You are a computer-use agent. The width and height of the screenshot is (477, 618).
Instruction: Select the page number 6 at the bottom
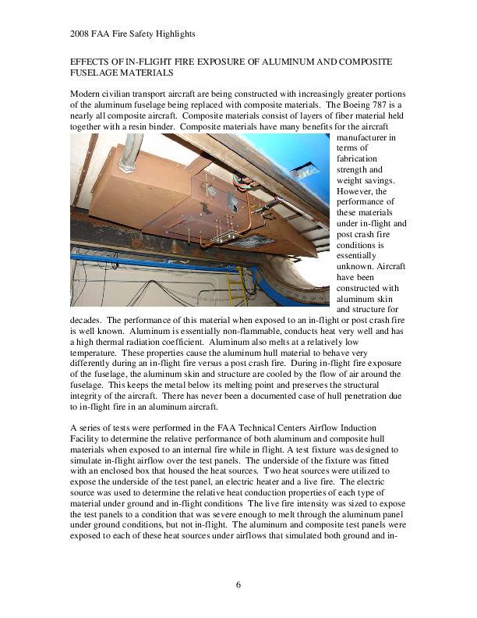[238, 584]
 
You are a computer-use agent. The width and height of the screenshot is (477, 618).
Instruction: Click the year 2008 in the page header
[80, 34]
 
